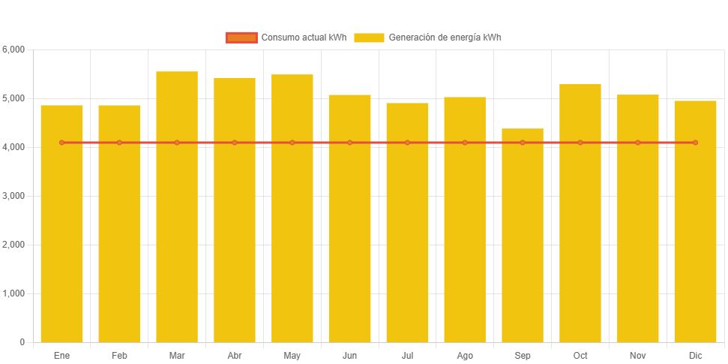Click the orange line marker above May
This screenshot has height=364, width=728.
point(292,143)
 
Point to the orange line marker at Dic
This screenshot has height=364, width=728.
point(695,143)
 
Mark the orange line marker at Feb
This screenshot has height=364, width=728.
point(119,143)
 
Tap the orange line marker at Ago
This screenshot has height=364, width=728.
point(465,143)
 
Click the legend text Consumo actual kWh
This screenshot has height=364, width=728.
point(304,38)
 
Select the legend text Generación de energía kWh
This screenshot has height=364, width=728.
point(445,38)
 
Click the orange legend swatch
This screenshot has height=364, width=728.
point(241,38)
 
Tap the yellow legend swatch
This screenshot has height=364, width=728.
point(369,38)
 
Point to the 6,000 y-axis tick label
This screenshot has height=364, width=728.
point(13,50)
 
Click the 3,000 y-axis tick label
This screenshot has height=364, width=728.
point(13,196)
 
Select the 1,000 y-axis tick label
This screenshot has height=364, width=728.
point(13,293)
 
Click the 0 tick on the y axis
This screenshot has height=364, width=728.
point(22,342)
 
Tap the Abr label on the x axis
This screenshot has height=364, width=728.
point(235,355)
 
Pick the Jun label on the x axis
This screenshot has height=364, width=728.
point(349,355)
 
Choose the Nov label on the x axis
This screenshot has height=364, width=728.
point(638,355)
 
